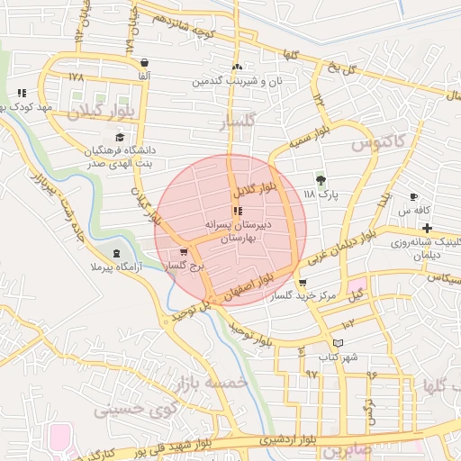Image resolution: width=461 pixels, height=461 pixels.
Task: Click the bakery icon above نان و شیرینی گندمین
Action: click(237, 67)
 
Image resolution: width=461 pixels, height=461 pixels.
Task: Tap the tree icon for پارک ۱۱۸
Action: click(321, 179)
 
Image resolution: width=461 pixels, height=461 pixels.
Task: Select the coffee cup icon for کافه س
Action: click(413, 196)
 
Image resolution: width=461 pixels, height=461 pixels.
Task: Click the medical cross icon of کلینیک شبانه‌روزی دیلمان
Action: click(427, 228)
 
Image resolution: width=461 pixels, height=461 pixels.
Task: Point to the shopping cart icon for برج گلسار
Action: click(184, 252)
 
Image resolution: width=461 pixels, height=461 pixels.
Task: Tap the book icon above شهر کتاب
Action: click(338, 343)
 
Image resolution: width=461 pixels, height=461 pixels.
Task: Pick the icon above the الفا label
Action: click(145, 62)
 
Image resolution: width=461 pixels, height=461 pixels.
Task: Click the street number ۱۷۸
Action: click(76, 76)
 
